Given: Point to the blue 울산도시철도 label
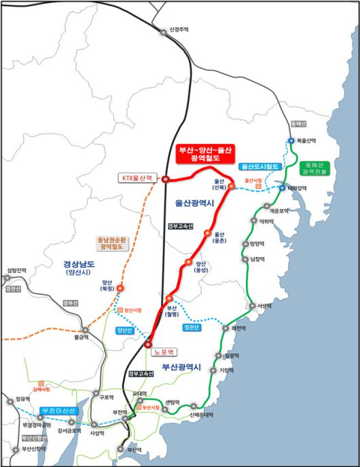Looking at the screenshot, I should (260, 166).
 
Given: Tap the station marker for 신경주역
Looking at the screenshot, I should (163, 32).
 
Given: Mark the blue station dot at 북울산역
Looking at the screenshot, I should (291, 141).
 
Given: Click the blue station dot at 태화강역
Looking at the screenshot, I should (282, 188).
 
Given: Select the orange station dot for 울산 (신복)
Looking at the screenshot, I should (231, 186).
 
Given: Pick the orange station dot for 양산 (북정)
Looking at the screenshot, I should (120, 288).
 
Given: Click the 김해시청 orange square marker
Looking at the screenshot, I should (40, 382).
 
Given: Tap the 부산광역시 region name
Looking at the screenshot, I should (182, 367).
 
